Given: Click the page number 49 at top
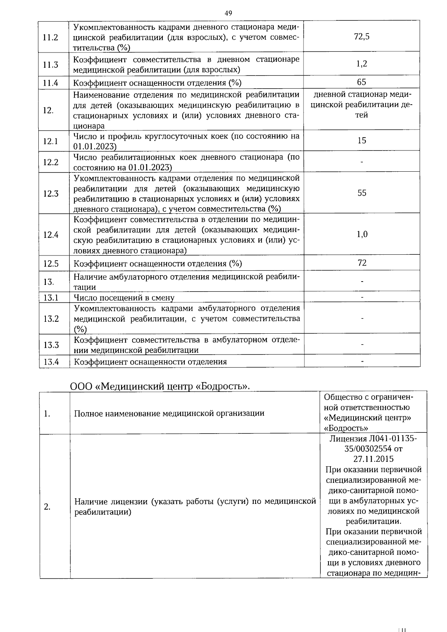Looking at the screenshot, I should tap(228, 13).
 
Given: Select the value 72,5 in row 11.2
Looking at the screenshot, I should tap(362, 36).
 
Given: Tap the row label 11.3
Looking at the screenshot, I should tap(51, 65).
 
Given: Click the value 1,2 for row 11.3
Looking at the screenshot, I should tap(362, 64).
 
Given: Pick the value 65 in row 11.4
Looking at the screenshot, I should tap(361, 82).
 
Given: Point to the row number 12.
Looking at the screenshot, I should tap(48, 110).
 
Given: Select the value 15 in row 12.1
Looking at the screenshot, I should tap(362, 140).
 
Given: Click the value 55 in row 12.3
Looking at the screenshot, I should tap(362, 193).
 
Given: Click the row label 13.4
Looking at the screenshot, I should tap(51, 362).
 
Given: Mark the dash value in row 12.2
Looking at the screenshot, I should tap(362, 162).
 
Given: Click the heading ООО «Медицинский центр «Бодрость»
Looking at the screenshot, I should tap(160, 386).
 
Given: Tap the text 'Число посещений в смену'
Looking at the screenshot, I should tap(124, 298).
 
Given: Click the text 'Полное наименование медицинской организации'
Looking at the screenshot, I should tap(169, 413).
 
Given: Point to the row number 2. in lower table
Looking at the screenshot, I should tap(47, 506).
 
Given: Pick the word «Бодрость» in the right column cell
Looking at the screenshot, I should tap(346, 428).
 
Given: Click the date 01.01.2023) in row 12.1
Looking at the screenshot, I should tap(95, 146).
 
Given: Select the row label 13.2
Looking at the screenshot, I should tap(51, 319).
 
